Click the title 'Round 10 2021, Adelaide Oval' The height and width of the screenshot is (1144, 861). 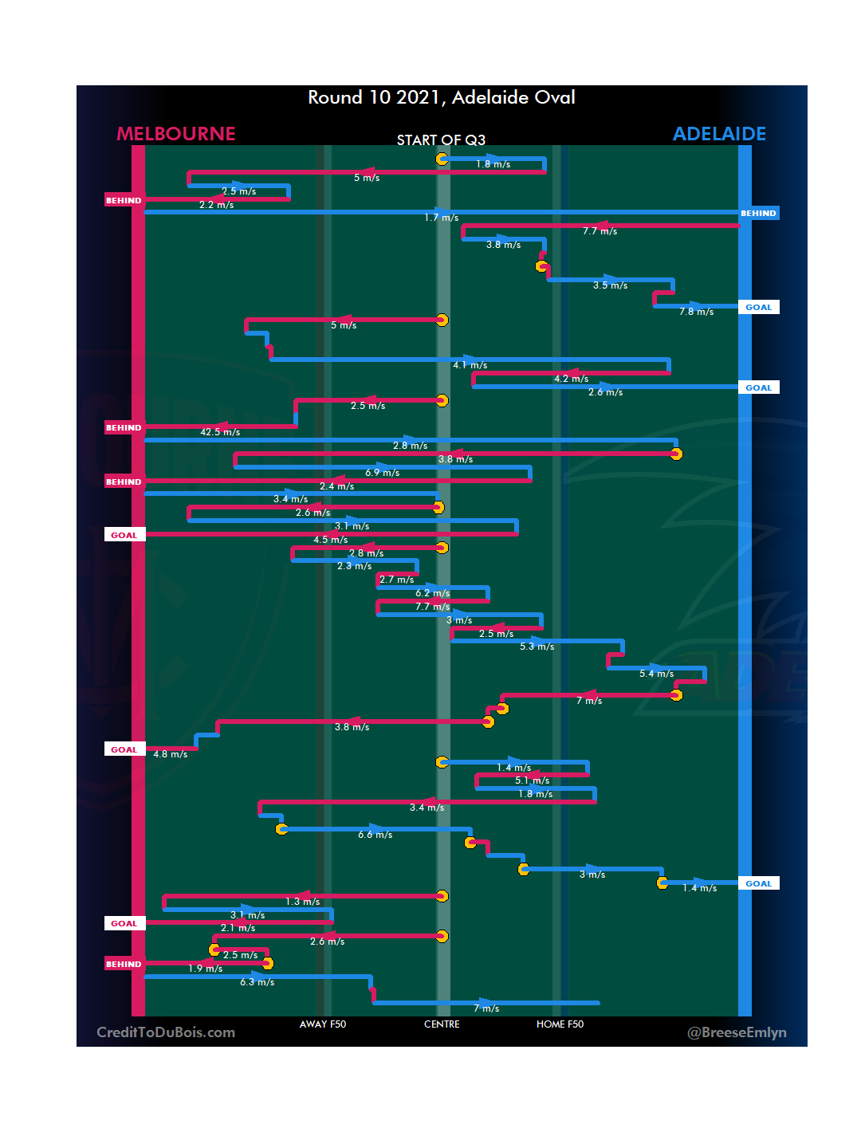[442, 97]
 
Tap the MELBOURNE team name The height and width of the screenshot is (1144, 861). [176, 134]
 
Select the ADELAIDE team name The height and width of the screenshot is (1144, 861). [719, 134]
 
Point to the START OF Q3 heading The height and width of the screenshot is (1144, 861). [441, 140]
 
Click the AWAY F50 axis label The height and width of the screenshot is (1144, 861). [323, 1024]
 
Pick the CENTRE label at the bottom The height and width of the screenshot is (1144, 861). [442, 1024]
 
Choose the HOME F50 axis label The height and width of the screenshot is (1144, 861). [560, 1024]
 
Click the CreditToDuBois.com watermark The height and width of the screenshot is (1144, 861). [166, 1032]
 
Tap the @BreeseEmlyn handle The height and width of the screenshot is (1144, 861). [737, 1032]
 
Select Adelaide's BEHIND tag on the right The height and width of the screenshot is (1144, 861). [758, 214]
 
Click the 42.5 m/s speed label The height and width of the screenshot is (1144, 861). [220, 432]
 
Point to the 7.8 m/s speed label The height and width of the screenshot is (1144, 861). [696, 312]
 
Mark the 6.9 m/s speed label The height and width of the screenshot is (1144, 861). [383, 473]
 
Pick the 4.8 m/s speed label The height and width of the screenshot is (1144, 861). [171, 754]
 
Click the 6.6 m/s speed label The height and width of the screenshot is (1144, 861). [375, 835]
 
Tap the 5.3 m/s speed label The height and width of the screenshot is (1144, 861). [537, 647]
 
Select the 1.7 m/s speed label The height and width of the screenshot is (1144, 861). [441, 218]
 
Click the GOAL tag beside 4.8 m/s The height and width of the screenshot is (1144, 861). [124, 749]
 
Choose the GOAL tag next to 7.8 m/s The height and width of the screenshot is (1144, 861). [758, 308]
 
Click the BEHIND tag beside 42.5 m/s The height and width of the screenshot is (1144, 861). [124, 428]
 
